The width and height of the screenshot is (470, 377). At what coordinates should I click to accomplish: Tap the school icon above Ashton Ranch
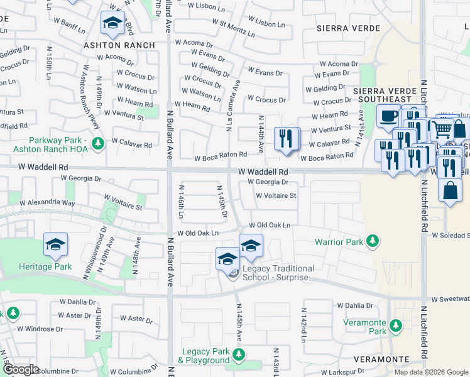point(112,24)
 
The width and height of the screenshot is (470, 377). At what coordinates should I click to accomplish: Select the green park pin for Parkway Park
point(97,144)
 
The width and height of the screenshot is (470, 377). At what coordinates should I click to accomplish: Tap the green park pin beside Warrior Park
point(373,241)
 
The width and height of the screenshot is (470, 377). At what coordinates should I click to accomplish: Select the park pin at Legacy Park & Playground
point(238,355)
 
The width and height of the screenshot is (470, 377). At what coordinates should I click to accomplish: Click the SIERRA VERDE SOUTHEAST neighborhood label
point(384,95)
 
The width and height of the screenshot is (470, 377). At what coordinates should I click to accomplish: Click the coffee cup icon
point(388,116)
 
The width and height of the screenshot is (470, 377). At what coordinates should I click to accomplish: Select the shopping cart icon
point(442,129)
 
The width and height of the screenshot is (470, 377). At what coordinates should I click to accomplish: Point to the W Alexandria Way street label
point(47,204)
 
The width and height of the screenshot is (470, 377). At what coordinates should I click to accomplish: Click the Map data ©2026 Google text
point(430,372)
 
